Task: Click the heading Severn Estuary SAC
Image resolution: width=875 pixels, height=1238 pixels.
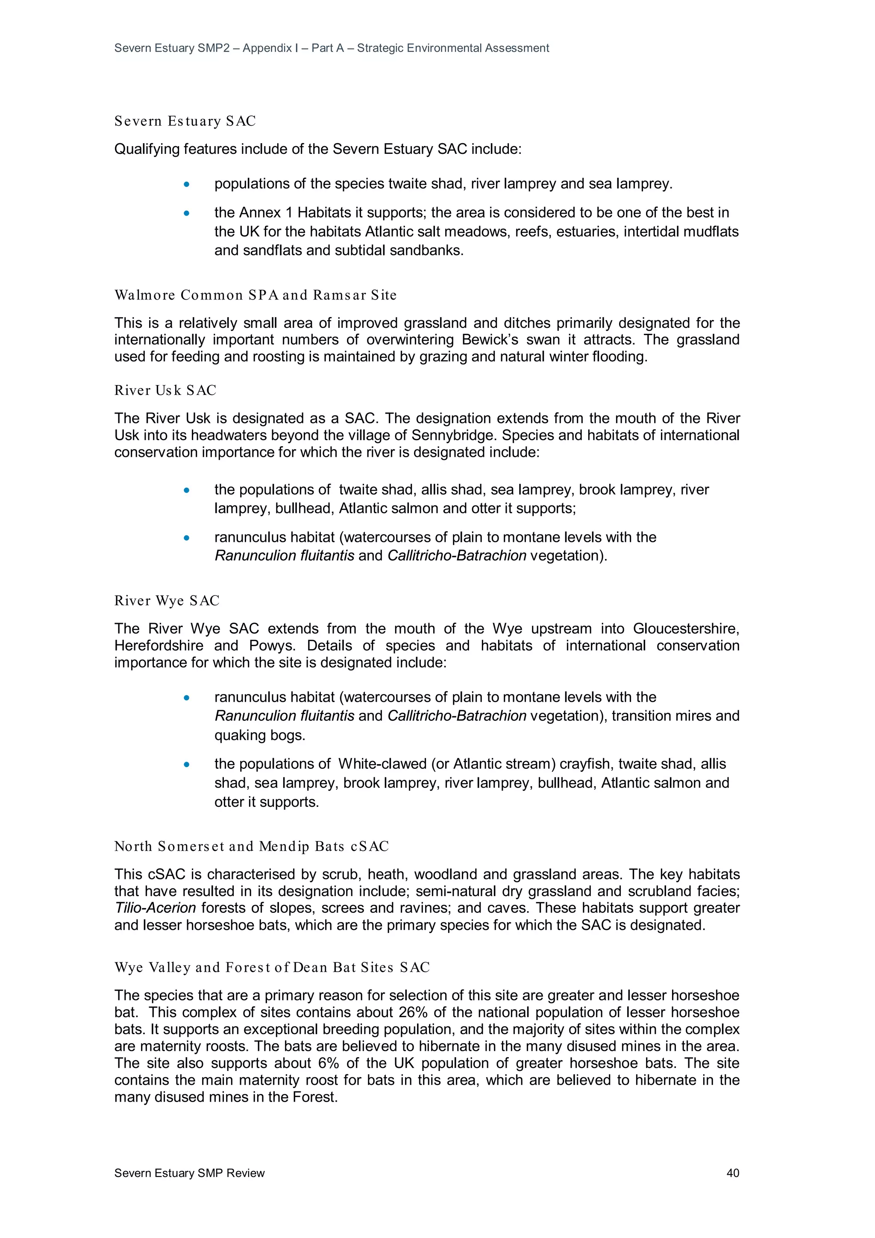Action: click(x=185, y=121)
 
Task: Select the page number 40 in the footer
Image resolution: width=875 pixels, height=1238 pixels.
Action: click(x=733, y=1173)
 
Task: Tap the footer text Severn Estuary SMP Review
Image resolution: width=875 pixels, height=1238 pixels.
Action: click(x=189, y=1173)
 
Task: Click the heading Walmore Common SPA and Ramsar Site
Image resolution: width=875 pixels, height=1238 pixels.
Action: click(x=255, y=295)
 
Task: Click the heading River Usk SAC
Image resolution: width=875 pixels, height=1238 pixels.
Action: click(x=165, y=391)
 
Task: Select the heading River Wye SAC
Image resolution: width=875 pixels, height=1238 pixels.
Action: click(x=167, y=601)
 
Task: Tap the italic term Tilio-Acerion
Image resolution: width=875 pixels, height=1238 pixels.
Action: click(x=155, y=908)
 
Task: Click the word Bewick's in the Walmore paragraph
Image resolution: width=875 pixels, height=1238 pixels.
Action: click(x=490, y=340)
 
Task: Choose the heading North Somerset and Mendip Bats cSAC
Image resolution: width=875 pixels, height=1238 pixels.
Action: click(x=251, y=847)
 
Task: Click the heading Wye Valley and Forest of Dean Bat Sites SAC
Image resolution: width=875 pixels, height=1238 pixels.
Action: click(x=272, y=967)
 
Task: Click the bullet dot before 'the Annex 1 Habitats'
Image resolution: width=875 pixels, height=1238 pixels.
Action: click(x=187, y=214)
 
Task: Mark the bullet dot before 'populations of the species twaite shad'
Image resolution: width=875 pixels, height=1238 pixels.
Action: click(x=187, y=185)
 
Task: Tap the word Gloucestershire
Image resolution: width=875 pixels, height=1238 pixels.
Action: click(x=685, y=629)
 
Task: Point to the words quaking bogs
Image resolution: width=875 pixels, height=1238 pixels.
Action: click(x=259, y=735)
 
